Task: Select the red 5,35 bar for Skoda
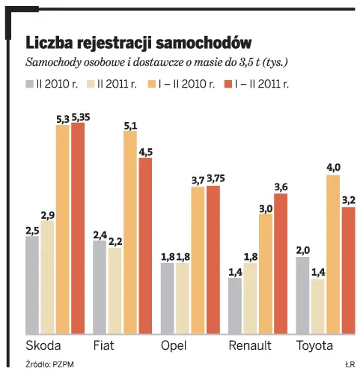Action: (77, 228)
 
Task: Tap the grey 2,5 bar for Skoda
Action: (32, 285)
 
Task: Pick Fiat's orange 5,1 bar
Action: (130, 232)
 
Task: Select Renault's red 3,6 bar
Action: (281, 263)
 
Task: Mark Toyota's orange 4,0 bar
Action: (333, 255)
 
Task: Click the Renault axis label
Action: (250, 345)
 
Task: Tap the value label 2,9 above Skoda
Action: (47, 214)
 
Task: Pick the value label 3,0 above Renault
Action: (266, 208)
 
